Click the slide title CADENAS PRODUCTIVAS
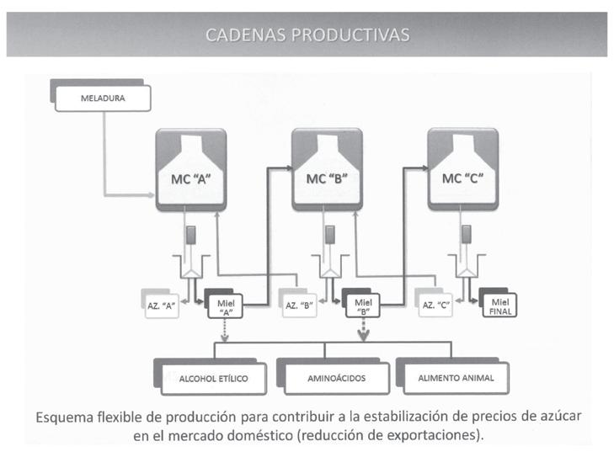tap(307, 35)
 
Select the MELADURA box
tap(103, 98)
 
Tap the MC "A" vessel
tap(191, 169)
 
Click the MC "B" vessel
tap(327, 169)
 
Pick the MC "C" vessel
tap(462, 169)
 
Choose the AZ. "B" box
tap(297, 306)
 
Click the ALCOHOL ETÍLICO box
tap(213, 379)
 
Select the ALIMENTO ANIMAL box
tap(456, 379)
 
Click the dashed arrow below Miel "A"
tap(225, 331)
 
